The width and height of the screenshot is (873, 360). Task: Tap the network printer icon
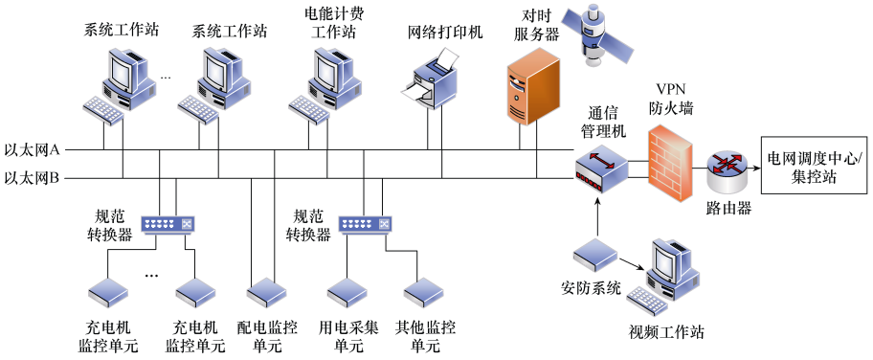[435, 82]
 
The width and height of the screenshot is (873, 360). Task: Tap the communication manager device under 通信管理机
[599, 170]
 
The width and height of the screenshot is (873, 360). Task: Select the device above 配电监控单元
[262, 291]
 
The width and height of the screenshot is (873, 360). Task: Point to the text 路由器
[727, 207]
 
